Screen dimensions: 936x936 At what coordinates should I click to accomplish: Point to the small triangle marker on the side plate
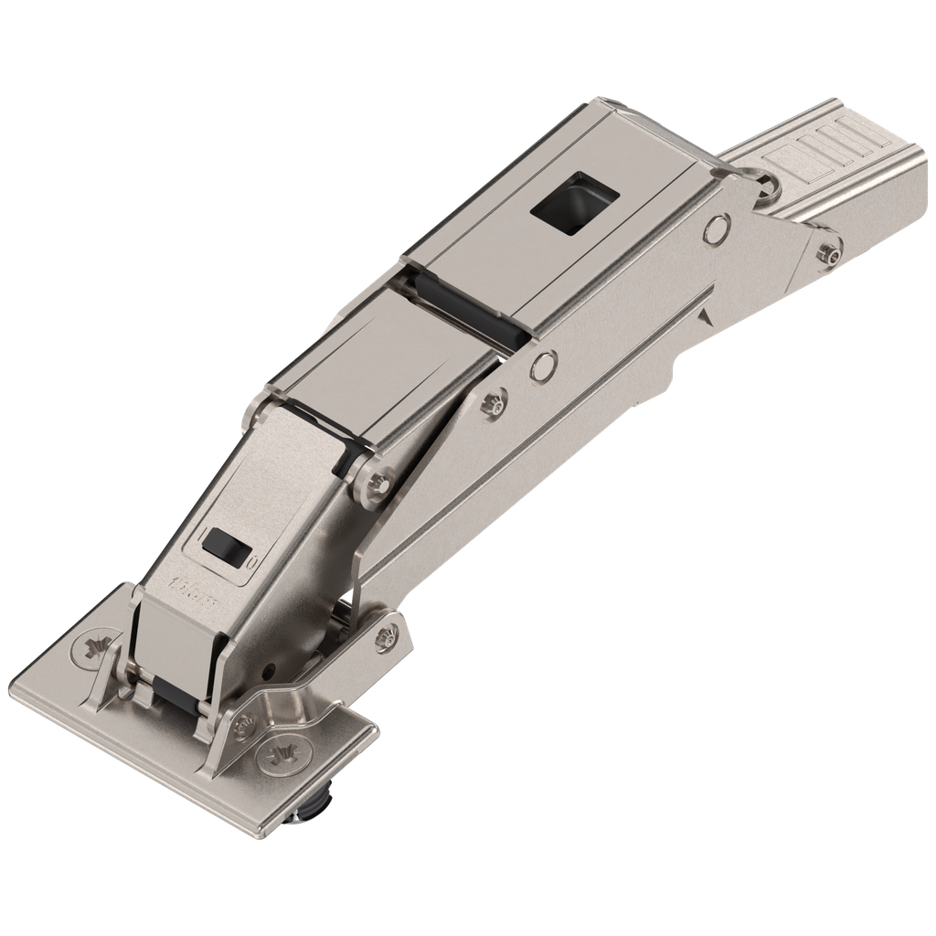tap(705, 316)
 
